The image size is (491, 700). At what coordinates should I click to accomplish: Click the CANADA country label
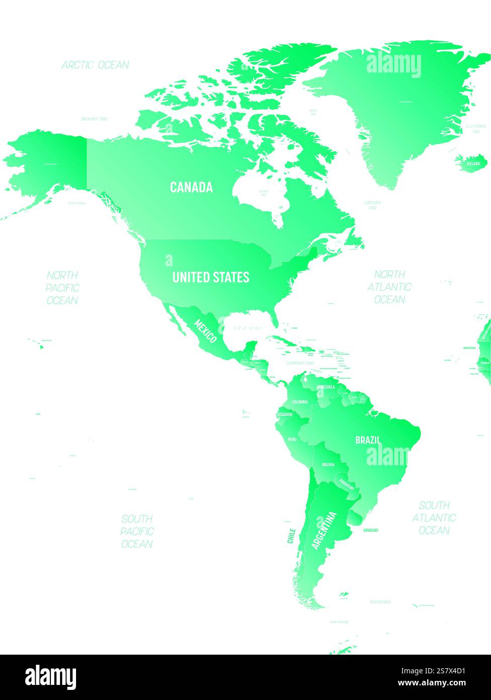[x=191, y=187]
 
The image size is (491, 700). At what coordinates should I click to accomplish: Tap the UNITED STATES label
[x=211, y=277]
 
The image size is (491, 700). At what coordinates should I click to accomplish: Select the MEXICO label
[x=206, y=331]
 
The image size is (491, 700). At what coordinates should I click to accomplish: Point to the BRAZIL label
[x=368, y=440]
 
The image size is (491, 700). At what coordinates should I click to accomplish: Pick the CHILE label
[x=291, y=535]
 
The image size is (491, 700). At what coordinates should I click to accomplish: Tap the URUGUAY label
[x=370, y=530]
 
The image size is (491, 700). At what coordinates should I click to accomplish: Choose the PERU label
[x=292, y=439]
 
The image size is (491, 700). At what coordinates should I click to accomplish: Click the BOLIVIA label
[x=328, y=464]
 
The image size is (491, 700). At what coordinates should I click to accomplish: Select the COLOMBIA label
[x=300, y=402]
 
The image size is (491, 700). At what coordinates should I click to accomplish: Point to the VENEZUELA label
[x=326, y=387]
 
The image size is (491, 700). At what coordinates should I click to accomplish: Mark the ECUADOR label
[x=285, y=414]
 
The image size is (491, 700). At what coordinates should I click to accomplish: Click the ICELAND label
[x=473, y=164]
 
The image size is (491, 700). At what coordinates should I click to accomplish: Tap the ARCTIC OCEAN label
[x=95, y=65]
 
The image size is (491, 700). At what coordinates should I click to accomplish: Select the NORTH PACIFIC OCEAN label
[x=62, y=288]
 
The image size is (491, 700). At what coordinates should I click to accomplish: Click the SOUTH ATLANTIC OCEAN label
[x=434, y=517]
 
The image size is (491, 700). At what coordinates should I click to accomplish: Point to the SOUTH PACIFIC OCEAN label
[x=136, y=531]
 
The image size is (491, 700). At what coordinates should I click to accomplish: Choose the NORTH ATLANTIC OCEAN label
[x=389, y=287]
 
